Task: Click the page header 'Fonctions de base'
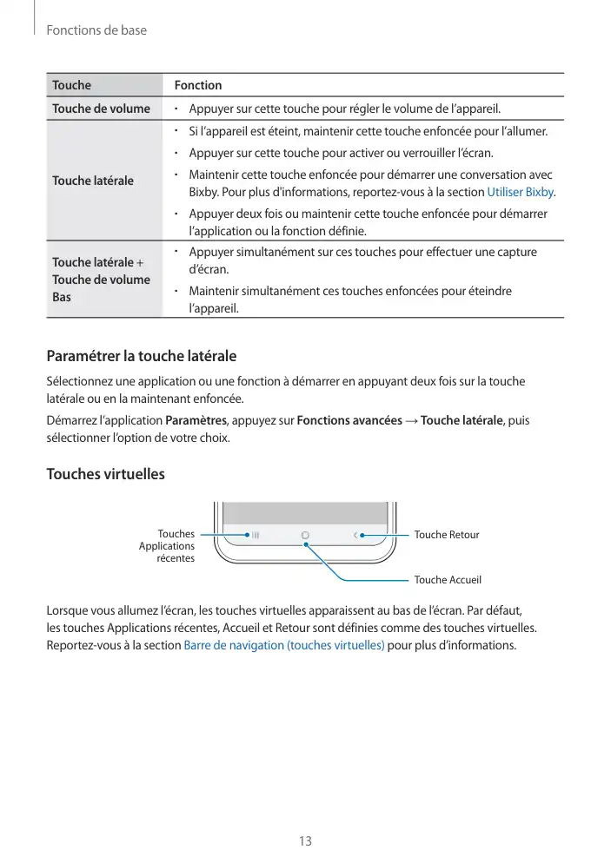point(96,30)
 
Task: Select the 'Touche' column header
point(71,85)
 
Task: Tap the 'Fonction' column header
point(198,85)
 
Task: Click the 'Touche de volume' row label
point(101,109)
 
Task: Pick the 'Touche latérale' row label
point(93,181)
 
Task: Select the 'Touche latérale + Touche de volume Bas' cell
point(101,280)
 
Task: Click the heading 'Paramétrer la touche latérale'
point(141,357)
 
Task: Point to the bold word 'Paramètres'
point(196,421)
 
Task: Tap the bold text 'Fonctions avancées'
point(349,421)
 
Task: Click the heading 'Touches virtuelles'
point(105,475)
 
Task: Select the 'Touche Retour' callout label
point(447,535)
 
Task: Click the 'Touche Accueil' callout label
point(448,579)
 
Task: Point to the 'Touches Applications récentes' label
point(168,546)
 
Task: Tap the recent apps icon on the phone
point(256,535)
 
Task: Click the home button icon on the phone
point(306,535)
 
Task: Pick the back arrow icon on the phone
point(355,535)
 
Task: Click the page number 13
point(305,841)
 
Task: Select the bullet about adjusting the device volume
point(345,109)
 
